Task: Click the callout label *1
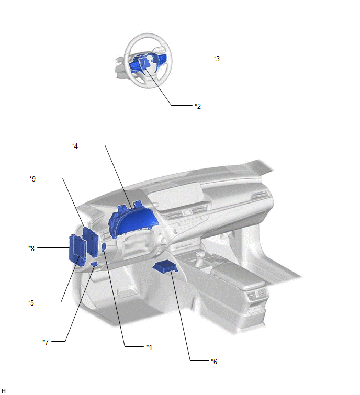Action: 149,347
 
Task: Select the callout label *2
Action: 198,106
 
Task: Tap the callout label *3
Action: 217,59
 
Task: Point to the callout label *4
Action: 75,146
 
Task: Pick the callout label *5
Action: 31,302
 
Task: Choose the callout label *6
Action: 214,362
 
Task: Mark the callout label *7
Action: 46,342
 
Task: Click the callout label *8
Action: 31,249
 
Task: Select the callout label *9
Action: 32,179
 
